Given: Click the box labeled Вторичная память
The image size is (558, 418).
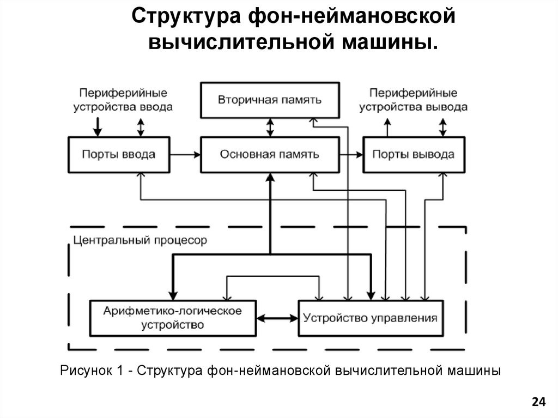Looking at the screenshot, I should (x=270, y=100).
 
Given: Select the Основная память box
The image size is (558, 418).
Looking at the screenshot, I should (x=270, y=154).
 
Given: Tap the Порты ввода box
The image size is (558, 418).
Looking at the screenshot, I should (x=118, y=154).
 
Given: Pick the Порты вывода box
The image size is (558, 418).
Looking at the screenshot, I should (x=413, y=154).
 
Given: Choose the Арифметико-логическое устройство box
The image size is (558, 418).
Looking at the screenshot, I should (x=173, y=318).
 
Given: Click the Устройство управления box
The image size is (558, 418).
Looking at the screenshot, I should (x=371, y=318).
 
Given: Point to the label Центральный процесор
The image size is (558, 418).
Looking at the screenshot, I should (x=140, y=240).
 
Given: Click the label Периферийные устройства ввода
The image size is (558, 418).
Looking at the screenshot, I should (x=123, y=100).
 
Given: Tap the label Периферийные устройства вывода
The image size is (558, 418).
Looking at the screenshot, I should (x=413, y=100).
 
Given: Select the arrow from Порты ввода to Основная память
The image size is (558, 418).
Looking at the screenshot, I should (x=185, y=154).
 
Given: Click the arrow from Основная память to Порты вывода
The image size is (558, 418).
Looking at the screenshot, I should (x=351, y=154).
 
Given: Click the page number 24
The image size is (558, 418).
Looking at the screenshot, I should (x=538, y=402).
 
